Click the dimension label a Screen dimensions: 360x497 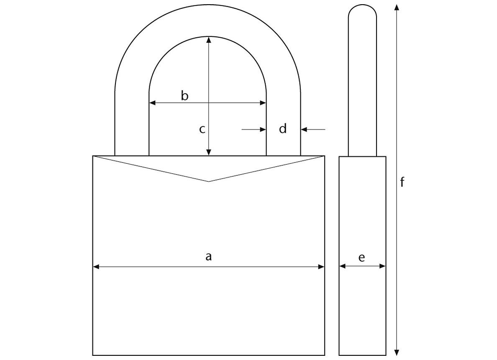[208, 256]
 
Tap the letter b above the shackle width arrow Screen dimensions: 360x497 [184, 96]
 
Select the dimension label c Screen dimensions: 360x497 [202, 129]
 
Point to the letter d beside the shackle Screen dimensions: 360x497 [283, 129]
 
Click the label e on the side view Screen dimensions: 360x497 [362, 257]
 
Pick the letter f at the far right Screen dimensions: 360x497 [402, 182]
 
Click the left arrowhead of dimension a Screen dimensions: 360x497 [95, 266]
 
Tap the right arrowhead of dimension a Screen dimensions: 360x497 [322, 266]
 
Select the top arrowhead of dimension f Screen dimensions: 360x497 [397, 7]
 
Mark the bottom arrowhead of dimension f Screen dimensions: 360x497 [397, 352]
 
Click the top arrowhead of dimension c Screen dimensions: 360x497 [209, 39]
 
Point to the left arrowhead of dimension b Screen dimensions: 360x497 [152, 103]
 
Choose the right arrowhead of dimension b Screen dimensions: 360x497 [264, 103]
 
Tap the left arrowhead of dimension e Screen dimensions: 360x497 [342, 266]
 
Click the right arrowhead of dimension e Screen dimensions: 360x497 [383, 266]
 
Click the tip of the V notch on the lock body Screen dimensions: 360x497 [209, 181]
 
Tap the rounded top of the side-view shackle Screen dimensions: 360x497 [362, 6]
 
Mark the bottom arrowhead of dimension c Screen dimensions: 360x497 [209, 153]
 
